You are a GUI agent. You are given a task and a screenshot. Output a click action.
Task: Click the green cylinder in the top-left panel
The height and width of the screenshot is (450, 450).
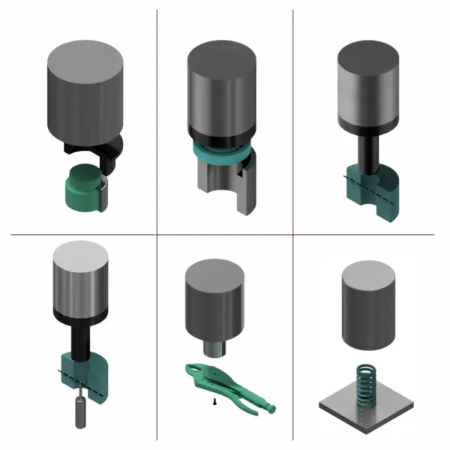click(82, 187)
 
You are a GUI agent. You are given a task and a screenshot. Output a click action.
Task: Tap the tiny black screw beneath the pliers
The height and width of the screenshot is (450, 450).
click(215, 403)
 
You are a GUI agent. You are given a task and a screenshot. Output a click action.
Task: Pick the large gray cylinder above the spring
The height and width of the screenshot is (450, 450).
click(367, 307)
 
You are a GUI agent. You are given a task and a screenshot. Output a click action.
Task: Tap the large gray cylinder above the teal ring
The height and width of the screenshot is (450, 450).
click(223, 90)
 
